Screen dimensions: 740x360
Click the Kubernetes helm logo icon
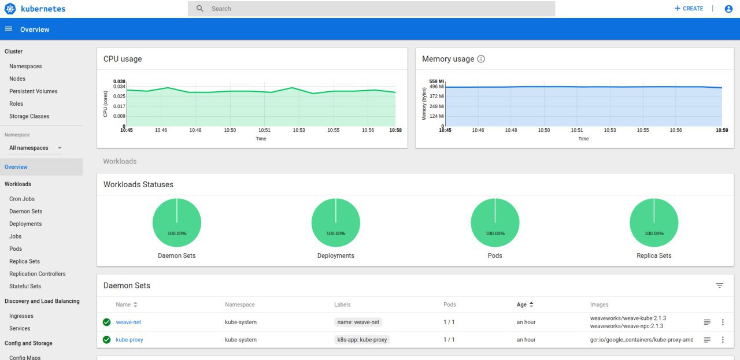point(10,9)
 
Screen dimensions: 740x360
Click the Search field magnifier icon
point(199,9)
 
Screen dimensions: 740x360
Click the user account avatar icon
point(728,9)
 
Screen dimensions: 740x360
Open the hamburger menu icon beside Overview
point(9,29)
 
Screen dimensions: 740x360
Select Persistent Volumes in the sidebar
point(34,91)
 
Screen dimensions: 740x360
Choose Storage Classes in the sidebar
point(29,116)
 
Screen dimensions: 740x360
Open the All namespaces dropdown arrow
point(60,148)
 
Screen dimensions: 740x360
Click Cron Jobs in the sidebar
point(22,199)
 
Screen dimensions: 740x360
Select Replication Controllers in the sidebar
point(38,274)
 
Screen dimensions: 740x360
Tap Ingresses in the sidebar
point(21,316)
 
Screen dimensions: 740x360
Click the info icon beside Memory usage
point(481,59)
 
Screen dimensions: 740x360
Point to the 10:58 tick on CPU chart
point(395,130)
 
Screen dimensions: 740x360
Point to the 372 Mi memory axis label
point(436,96)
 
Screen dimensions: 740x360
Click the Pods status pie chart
point(495,222)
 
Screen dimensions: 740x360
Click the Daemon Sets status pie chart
point(177,222)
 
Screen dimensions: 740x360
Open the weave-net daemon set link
point(128,322)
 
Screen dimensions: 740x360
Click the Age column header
point(521,305)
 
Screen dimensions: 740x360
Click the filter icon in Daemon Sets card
point(720,285)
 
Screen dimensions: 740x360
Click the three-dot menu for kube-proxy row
point(723,340)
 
